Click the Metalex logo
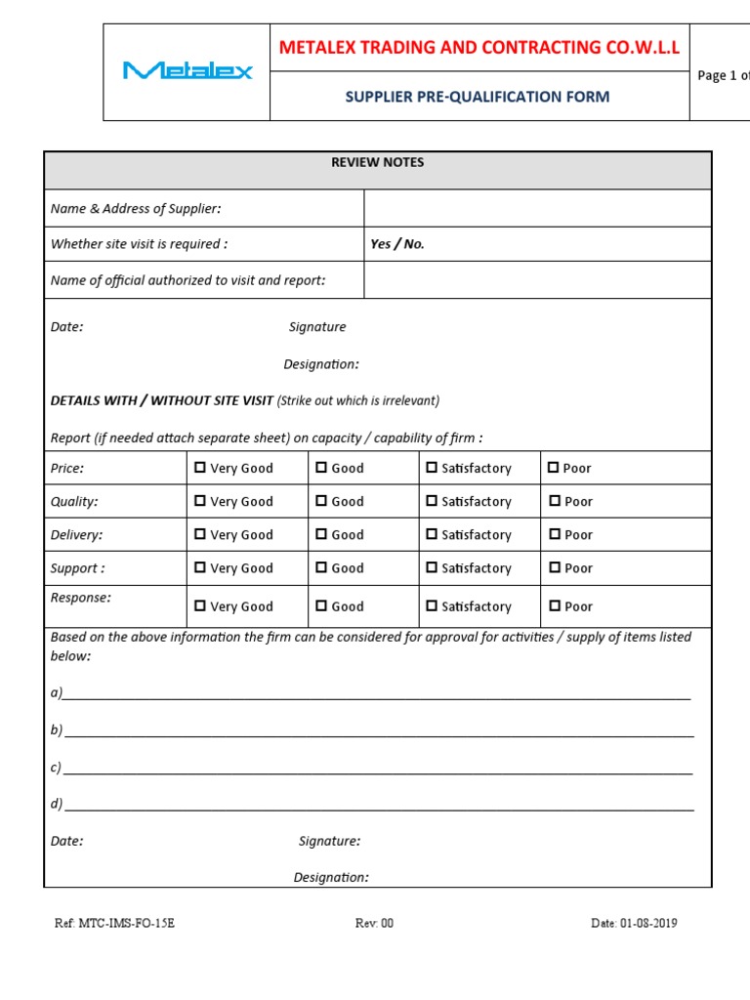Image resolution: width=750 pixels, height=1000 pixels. tap(187, 70)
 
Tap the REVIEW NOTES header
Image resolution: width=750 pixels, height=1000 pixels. tap(377, 162)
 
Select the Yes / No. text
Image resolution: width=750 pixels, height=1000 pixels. tap(397, 244)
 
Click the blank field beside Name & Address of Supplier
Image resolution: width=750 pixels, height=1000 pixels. tap(537, 208)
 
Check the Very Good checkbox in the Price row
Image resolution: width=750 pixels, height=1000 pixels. tap(200, 468)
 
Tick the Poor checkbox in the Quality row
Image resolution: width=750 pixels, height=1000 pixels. tap(554, 501)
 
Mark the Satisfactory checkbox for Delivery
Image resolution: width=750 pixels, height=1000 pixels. tap(432, 534)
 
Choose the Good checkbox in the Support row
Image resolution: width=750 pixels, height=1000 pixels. tap(321, 567)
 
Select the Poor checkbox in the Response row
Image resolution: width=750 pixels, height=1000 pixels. tap(554, 605)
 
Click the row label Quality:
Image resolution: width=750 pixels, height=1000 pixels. tap(74, 501)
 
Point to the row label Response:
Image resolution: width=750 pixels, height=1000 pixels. tap(81, 597)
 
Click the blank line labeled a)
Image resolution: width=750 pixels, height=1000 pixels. tap(376, 693)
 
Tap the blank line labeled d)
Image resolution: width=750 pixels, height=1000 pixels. tap(379, 805)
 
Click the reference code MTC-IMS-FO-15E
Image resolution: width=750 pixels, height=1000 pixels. tap(115, 923)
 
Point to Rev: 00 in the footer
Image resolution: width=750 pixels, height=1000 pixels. tap(374, 923)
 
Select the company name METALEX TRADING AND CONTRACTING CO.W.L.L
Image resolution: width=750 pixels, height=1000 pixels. tap(479, 48)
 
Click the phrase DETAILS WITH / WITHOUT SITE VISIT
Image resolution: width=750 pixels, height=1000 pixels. tap(162, 400)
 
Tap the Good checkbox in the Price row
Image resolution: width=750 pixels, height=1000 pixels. tap(321, 468)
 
